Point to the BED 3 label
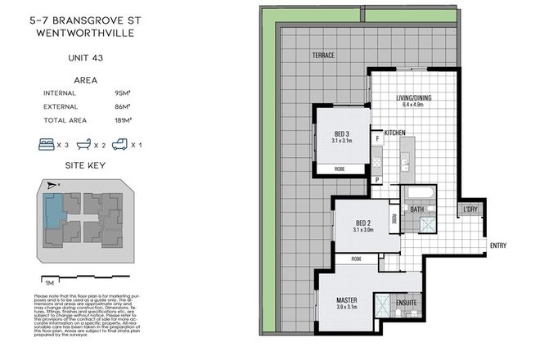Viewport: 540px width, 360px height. point(341,135)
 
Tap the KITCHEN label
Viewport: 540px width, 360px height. point(396,132)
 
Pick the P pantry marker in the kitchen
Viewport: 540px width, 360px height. point(378,179)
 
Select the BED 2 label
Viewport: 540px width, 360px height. point(364,223)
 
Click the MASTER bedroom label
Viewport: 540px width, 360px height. point(347,300)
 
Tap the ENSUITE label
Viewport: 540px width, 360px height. point(407,303)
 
